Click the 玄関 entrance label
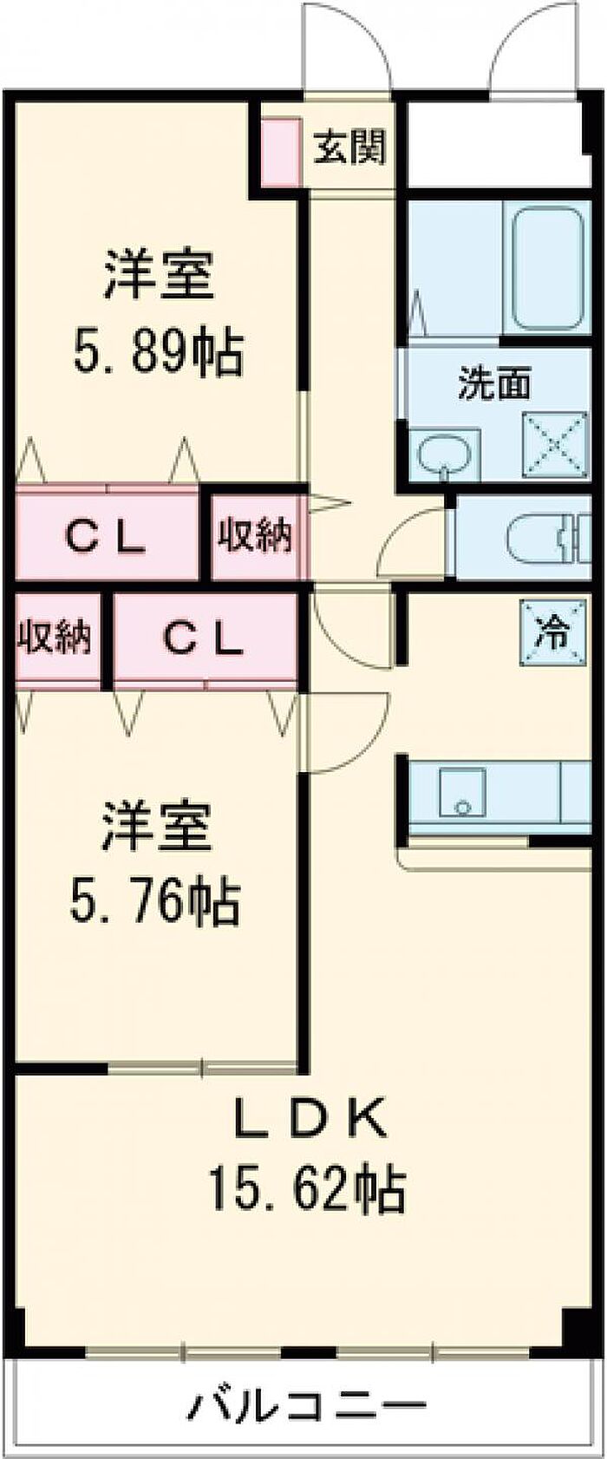click(x=349, y=147)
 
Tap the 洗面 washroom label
click(x=495, y=383)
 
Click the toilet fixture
click(x=547, y=537)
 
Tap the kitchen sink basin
click(x=462, y=791)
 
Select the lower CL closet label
click(x=203, y=639)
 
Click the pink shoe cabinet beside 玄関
click(x=281, y=151)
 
